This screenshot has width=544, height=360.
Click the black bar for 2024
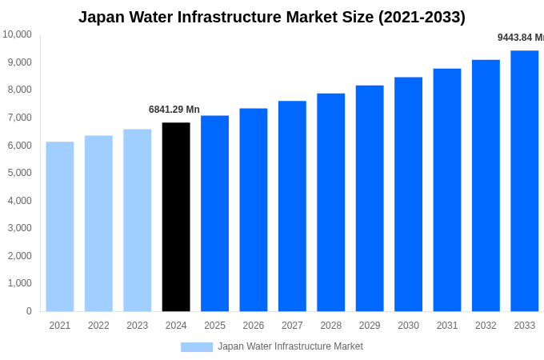coord(176,217)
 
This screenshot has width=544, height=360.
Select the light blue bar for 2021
coord(60,226)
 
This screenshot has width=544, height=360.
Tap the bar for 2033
coord(525,181)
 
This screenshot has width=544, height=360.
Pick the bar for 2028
coord(331,202)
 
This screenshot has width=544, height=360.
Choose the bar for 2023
coord(137,220)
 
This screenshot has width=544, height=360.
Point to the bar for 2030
coord(408,194)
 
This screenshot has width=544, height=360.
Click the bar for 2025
coord(214,214)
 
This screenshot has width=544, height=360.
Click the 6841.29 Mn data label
coord(174,110)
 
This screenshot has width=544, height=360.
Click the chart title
coord(272,17)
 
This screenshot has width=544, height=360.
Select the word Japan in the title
coord(101,17)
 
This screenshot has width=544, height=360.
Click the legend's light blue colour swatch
coord(197,347)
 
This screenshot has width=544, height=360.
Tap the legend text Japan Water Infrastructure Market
coord(290,346)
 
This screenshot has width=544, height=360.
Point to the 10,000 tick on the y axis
coord(17,34)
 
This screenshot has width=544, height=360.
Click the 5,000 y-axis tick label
coord(18,173)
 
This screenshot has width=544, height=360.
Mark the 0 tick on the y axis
coord(29,311)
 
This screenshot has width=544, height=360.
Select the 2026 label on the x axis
coord(254,326)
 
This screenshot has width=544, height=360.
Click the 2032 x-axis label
coord(486,326)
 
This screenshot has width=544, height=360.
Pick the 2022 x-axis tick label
coord(98,326)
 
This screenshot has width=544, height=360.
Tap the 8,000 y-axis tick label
coord(18,90)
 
